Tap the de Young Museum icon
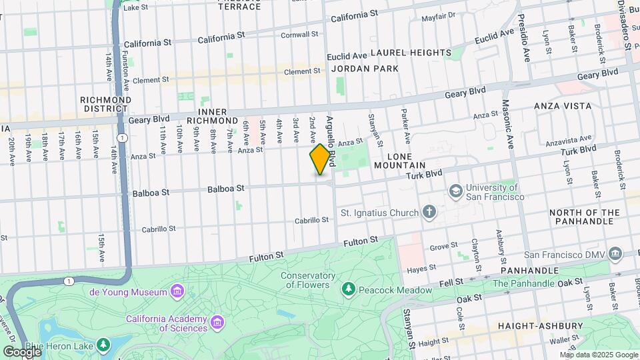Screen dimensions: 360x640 pos(177,292)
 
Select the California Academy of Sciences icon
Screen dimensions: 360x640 pos(217,323)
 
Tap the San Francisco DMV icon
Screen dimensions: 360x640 pos(615,254)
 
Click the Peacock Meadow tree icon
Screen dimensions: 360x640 pos(347,289)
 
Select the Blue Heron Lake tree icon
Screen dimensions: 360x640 pos(103,345)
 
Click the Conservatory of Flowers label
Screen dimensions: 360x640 pos(307,280)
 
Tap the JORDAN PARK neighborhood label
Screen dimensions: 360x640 pos(365,69)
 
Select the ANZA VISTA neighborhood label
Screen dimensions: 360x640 pos(563,106)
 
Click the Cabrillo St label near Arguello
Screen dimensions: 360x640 pos(313,220)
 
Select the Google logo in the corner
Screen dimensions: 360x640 pos(21,351)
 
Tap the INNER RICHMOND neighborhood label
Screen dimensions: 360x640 pos(218,116)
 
